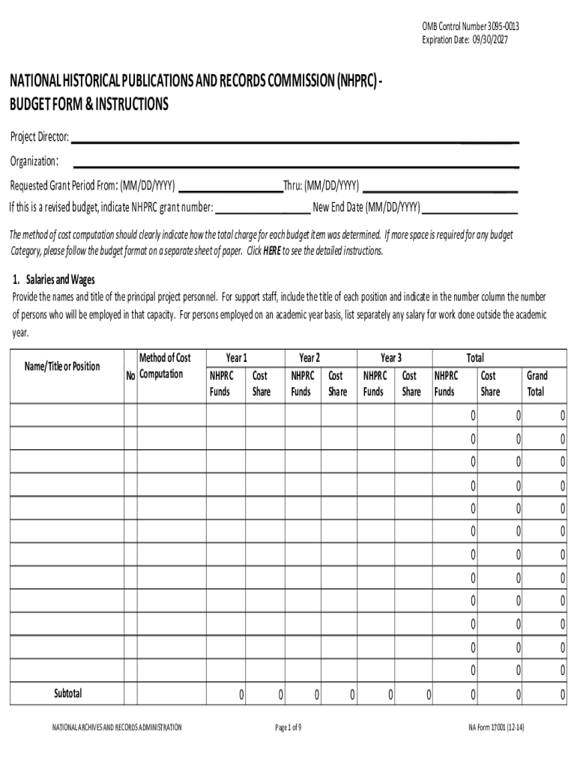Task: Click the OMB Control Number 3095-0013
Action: click(x=471, y=27)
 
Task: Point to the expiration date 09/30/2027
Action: click(x=471, y=40)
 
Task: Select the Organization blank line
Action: click(x=296, y=164)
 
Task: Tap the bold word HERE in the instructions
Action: click(x=272, y=251)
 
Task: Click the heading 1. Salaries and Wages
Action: click(x=53, y=280)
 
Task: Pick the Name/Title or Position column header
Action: click(x=62, y=366)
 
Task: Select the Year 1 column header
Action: click(x=237, y=358)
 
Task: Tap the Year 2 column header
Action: click(x=309, y=358)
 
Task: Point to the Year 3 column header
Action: click(x=391, y=358)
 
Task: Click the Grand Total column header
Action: click(x=537, y=383)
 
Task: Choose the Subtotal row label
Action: click(x=67, y=694)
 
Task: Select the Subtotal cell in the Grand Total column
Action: click(x=545, y=696)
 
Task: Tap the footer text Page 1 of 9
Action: click(x=288, y=727)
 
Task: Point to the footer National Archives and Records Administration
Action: click(x=116, y=727)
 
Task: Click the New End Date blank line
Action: click(x=470, y=211)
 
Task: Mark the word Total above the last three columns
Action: click(x=475, y=358)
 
